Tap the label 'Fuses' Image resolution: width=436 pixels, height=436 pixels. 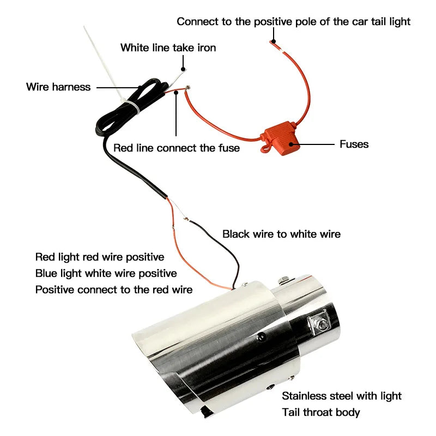click(x=354, y=144)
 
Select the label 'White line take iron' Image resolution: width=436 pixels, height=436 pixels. click(x=168, y=47)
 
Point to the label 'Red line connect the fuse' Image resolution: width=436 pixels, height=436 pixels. click(x=177, y=148)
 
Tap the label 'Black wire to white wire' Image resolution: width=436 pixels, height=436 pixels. click(x=281, y=234)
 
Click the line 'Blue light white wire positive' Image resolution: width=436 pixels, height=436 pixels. click(x=106, y=274)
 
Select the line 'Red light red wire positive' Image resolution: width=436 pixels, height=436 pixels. click(x=100, y=257)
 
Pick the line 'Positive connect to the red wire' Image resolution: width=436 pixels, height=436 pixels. click(x=114, y=290)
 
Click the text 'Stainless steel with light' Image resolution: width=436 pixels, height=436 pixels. click(x=342, y=396)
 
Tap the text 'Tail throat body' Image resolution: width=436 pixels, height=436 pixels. click(x=321, y=412)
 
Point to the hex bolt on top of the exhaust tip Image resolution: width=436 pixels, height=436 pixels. click(x=283, y=280)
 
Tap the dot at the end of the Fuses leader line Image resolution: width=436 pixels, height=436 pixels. click(x=291, y=144)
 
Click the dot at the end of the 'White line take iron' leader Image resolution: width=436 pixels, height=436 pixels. click(x=183, y=69)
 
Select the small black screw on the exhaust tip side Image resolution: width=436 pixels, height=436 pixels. click(x=261, y=337)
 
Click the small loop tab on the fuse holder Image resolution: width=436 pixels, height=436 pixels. click(x=265, y=148)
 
